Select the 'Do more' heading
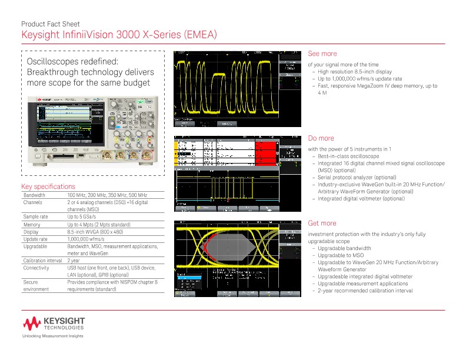coord(321,138)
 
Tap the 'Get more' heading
coord(322,223)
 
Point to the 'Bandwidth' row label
coord(34,195)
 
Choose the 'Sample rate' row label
coord(35,216)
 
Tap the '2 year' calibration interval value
coord(74,260)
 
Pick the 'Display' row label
coord(31,231)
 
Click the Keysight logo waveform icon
coord(31,323)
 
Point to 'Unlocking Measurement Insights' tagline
coord(53,336)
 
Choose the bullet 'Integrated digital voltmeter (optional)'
coord(361,198)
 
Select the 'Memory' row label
coord(32,224)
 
